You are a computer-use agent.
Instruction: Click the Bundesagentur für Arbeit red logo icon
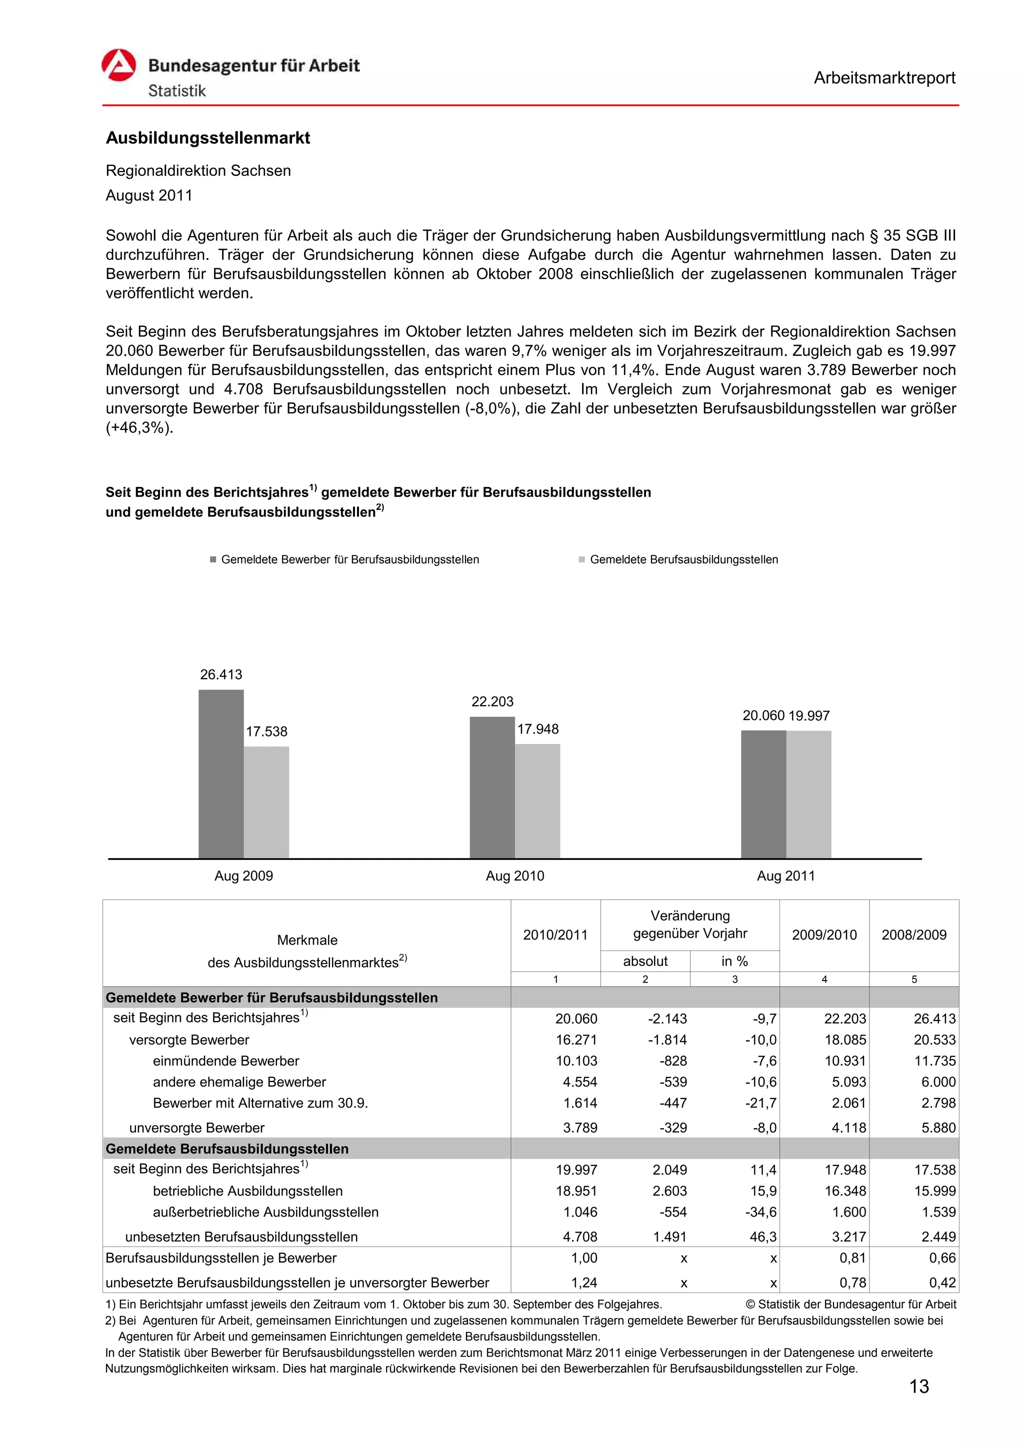tap(118, 65)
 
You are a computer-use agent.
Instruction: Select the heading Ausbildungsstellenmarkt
tap(207, 137)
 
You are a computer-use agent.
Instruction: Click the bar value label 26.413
tap(221, 674)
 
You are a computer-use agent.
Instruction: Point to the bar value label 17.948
tap(537, 729)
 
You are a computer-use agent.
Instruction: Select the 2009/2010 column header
tap(824, 934)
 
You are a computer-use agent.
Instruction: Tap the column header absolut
tap(645, 960)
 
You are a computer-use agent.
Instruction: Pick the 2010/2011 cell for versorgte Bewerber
tap(576, 1039)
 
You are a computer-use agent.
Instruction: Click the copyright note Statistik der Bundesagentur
tap(850, 1304)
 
